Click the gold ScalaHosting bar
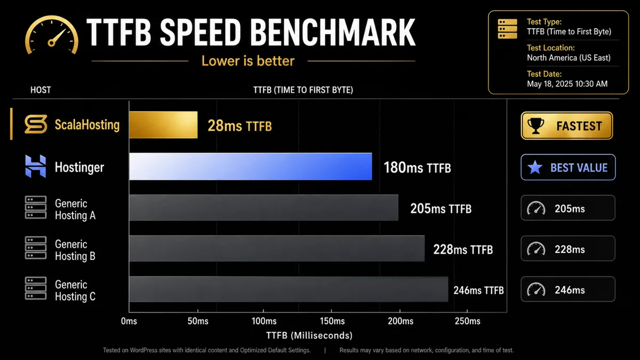pos(163,125)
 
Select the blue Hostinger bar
pos(250,166)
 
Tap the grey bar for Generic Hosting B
pos(276,249)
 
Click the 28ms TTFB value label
pos(240,126)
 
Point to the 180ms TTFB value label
pos(417,168)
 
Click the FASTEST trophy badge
pos(567,126)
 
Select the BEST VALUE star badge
pos(568,167)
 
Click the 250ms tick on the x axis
pos(467,321)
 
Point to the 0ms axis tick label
pos(129,321)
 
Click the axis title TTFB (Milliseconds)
pos(309,335)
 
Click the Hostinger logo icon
pos(35,167)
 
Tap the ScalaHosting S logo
pos(35,125)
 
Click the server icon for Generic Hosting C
pos(35,290)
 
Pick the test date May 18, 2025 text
pos(567,84)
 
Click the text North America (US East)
pos(569,58)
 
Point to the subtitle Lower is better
pos(247,61)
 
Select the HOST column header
pos(41,90)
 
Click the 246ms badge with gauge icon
pos(567,290)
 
